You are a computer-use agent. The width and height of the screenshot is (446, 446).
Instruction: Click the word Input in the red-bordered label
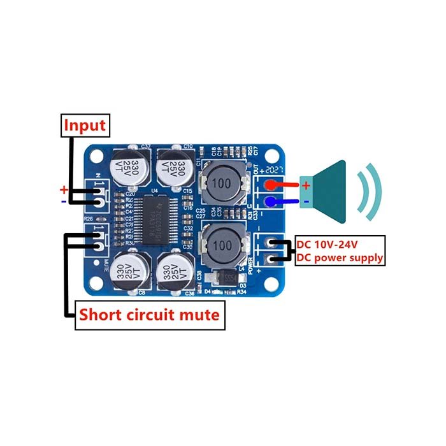point(85,125)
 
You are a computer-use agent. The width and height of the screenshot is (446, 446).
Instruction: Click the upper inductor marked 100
point(222,182)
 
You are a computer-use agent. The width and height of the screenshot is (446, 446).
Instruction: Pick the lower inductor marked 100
point(222,245)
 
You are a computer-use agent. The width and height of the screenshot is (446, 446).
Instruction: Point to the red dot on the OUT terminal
point(271,185)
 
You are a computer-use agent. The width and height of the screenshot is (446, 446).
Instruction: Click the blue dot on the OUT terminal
point(271,203)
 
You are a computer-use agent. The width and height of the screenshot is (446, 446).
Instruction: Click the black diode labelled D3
point(227,278)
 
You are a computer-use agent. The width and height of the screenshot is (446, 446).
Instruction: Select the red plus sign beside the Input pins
point(63,189)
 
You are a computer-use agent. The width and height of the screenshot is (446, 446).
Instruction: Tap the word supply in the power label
point(365,258)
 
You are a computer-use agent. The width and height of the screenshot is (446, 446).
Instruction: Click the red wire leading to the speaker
point(290,185)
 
